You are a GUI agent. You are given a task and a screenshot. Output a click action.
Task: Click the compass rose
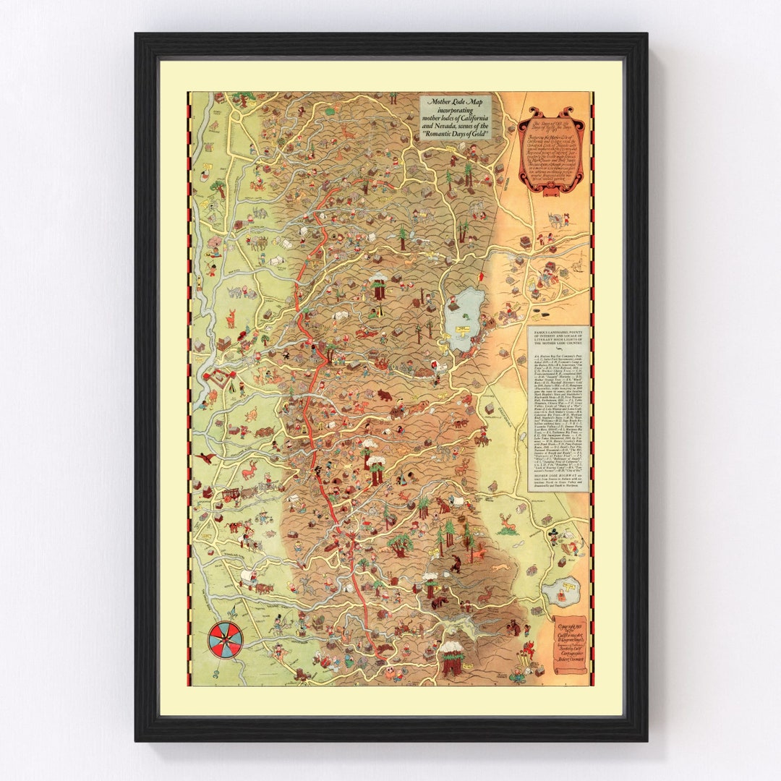coord(226,639)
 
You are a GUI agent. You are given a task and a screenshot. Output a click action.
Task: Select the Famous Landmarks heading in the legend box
coord(558,341)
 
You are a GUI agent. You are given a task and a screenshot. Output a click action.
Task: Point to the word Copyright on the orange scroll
coord(568,622)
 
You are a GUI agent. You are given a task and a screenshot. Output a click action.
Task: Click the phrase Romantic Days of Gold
coord(455,135)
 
